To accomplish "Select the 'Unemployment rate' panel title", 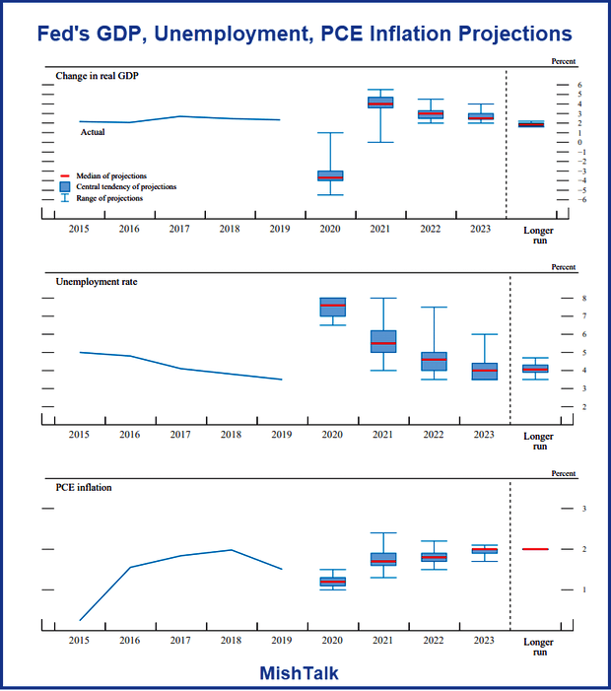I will tap(97, 282).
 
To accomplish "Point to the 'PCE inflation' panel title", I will tap(84, 487).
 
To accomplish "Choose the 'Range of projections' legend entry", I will tap(109, 198).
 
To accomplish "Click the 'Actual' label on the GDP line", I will tap(93, 132).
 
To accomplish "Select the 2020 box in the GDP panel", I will tap(329, 175).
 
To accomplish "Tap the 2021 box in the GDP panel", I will tap(380, 103).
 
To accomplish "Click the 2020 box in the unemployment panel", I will tap(333, 307).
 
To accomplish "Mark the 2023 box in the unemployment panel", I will tap(483, 372).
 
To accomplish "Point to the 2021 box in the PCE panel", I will tap(383, 559).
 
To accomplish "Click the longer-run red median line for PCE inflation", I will tap(535, 549).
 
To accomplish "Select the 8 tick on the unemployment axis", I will tap(585, 298).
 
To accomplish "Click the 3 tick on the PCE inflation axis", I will tap(585, 509).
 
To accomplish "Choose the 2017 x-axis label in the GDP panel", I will tap(179, 229).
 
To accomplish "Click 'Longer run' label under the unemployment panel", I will tap(538, 441).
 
